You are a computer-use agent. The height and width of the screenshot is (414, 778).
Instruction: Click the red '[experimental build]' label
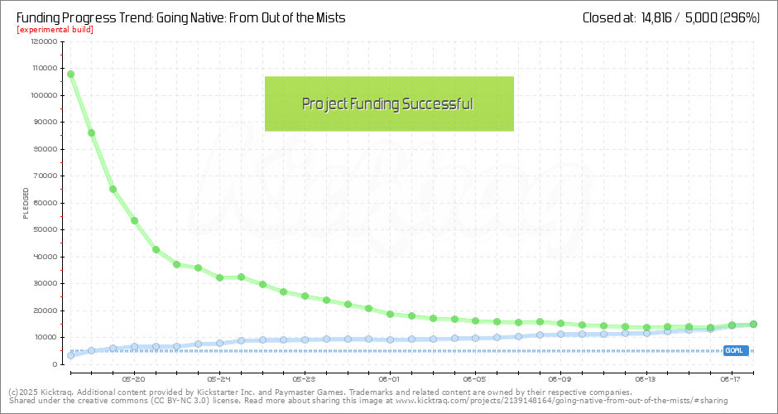(55, 30)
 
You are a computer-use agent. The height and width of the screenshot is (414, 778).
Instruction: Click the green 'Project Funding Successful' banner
(389, 103)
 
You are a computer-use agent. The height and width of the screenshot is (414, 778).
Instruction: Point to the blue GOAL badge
(735, 350)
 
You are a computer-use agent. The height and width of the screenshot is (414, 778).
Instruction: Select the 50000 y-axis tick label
(41, 229)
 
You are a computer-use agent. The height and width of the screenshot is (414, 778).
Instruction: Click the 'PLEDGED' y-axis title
(26, 203)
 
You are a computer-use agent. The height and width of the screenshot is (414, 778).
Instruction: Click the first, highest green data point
(70, 74)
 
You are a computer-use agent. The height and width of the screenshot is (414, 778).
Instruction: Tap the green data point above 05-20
(134, 220)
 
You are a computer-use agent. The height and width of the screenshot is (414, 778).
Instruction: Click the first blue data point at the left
(70, 355)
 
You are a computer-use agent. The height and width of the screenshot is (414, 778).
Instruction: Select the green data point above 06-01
(390, 314)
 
